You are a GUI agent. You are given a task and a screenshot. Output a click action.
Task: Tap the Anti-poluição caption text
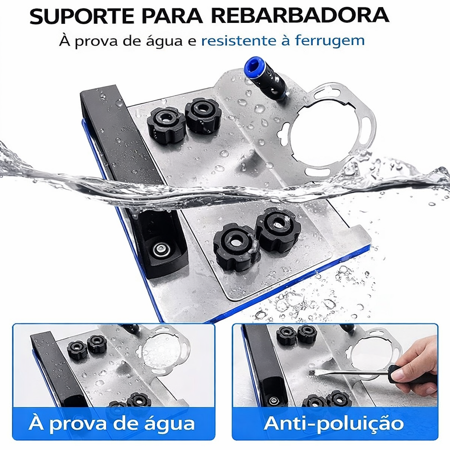334,423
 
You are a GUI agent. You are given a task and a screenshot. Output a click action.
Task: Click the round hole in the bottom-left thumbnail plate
161,352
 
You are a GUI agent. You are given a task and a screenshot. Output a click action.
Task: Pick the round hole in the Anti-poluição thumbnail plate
371,354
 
